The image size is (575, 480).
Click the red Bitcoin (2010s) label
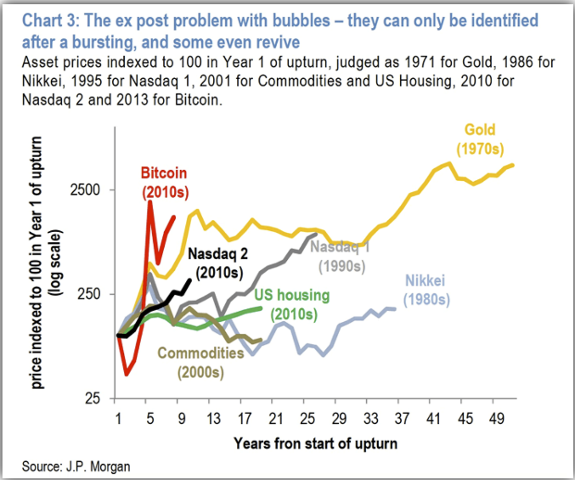[x=164, y=180]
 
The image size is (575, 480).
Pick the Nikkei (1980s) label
[x=425, y=290]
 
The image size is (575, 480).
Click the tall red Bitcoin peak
[x=149, y=201]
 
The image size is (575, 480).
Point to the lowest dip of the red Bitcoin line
[x=126, y=374]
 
